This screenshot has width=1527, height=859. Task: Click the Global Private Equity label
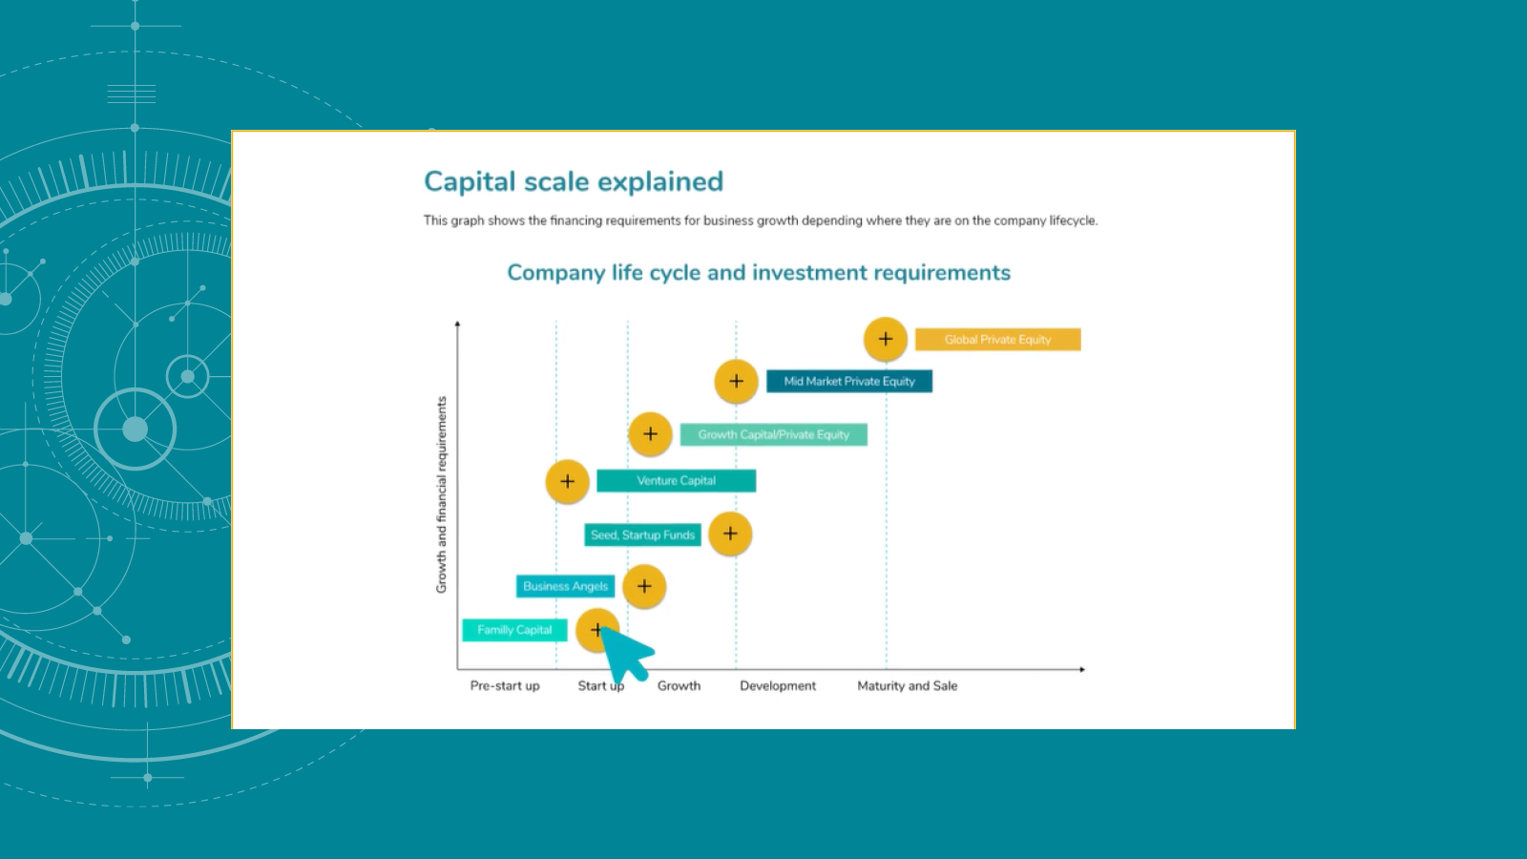[x=997, y=340]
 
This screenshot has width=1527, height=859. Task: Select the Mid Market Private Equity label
[x=849, y=382]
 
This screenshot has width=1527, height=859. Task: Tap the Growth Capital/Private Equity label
[x=773, y=435]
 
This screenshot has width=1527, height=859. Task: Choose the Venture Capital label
[x=676, y=481]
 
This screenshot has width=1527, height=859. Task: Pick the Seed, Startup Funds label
[x=642, y=535]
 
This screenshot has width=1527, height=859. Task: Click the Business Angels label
[x=565, y=586]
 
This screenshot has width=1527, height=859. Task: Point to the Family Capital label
[x=514, y=630]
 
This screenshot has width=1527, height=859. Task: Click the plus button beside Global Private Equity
[x=886, y=339]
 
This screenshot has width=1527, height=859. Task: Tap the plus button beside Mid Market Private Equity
[x=736, y=382]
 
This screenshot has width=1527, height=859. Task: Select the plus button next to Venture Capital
[x=567, y=481]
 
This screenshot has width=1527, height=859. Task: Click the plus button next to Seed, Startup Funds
[x=730, y=534]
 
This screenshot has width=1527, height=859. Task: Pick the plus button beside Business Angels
[x=644, y=586]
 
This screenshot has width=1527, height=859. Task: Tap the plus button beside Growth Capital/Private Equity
[x=650, y=434]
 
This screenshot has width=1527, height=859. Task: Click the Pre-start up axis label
[x=505, y=686]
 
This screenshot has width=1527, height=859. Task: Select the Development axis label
[x=778, y=686]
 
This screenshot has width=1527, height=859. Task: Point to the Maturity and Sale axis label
[x=907, y=686]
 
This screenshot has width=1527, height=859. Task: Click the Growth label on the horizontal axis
[x=679, y=686]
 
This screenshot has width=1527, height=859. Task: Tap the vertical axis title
[x=441, y=494]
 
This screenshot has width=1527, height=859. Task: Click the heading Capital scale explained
[x=574, y=181]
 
